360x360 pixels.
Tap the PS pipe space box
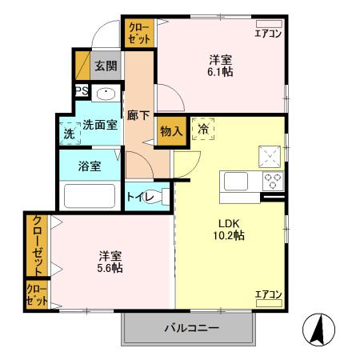pyautogui.click(x=82, y=91)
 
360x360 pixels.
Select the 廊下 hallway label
pyautogui.click(x=138, y=115)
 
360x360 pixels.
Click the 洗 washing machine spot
pyautogui.click(x=68, y=134)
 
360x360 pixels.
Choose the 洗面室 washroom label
pyautogui.click(x=100, y=125)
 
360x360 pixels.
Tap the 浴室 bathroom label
pyautogui.click(x=90, y=166)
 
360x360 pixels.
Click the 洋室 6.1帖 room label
pyautogui.click(x=222, y=64)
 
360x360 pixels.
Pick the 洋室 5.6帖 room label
pyautogui.click(x=110, y=262)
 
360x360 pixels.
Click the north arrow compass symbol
pyautogui.click(x=317, y=328)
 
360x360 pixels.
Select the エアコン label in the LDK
pyautogui.click(x=268, y=294)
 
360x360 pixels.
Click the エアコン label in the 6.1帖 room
pyautogui.click(x=268, y=33)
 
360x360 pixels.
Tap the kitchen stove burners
pyautogui.click(x=273, y=179)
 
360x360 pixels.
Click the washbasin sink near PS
pyautogui.click(x=105, y=94)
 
